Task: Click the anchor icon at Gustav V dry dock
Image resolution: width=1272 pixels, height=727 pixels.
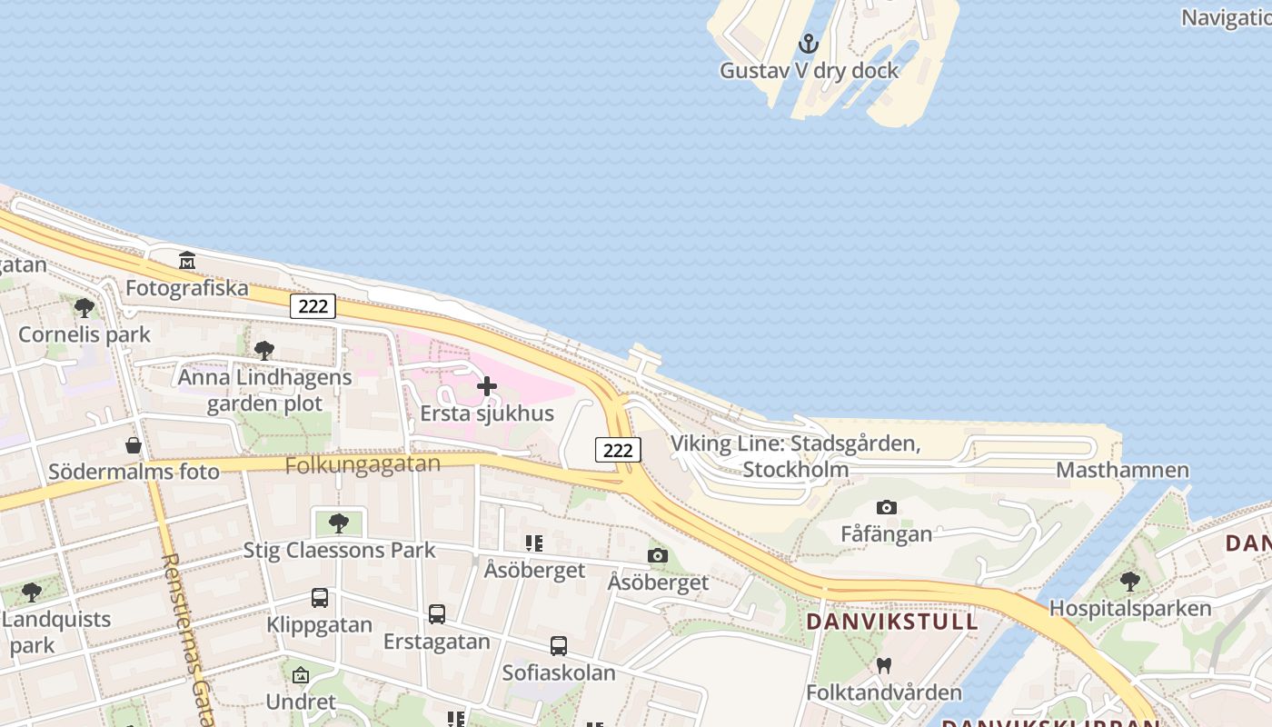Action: coord(808,43)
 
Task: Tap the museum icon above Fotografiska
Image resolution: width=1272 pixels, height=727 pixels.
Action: coord(187,261)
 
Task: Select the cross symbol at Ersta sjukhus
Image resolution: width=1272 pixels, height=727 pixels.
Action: coord(487,386)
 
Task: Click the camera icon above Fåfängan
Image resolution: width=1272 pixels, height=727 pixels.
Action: coord(886,507)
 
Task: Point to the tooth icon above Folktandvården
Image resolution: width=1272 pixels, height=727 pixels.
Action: coord(883,666)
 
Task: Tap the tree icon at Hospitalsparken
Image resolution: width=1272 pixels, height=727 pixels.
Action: coord(1130,581)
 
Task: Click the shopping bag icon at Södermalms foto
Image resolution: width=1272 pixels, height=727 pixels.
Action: coord(134,445)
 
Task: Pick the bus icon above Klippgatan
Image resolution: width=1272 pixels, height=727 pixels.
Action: coord(320,598)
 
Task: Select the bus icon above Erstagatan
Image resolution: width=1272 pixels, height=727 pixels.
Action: coord(437,614)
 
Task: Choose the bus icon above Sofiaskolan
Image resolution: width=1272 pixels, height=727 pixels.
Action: coord(559,646)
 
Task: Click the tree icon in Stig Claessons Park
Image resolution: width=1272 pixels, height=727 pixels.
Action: coord(339,523)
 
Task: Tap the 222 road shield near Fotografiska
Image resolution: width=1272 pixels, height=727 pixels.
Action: coord(313,306)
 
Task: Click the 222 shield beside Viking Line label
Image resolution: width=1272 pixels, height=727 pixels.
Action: coord(618,449)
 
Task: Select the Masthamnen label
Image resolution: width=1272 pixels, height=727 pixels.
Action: coord(1122,470)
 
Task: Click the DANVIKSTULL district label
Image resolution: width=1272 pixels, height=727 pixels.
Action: coord(892,622)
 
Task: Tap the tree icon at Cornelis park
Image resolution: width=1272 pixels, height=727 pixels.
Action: coord(84,307)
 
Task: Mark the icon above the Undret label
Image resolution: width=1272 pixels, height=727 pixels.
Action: coord(301,675)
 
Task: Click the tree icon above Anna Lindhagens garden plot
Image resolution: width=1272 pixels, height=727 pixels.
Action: coord(264,350)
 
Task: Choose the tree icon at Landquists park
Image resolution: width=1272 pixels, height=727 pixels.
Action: coord(31,593)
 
